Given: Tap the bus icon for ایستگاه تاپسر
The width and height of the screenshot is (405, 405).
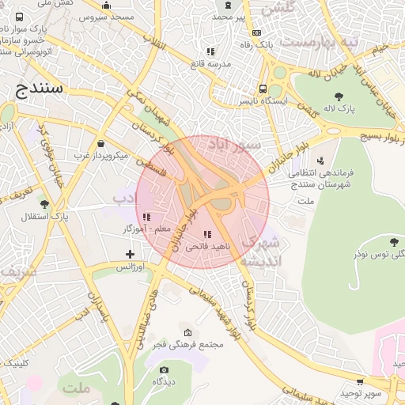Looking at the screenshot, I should [263, 89].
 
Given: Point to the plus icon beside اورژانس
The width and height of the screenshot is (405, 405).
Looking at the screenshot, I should [131, 254].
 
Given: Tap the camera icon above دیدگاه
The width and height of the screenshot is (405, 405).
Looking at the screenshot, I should [164, 369].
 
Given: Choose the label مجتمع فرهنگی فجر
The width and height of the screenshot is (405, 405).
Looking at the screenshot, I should [191, 344].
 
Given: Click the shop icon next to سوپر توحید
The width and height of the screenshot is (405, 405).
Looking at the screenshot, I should [361, 381].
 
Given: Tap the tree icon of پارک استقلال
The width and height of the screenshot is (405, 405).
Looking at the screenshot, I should [44, 204].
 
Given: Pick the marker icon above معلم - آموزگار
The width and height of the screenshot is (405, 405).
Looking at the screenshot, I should [146, 217].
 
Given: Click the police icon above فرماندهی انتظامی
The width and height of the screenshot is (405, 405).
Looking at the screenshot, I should [320, 160].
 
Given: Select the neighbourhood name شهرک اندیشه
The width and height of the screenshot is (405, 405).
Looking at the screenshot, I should [259, 250].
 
